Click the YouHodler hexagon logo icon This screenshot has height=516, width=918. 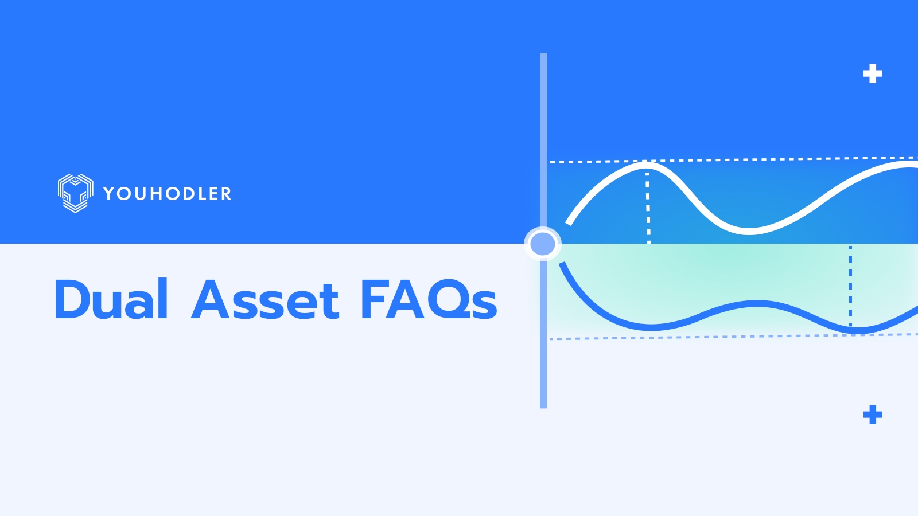click(75, 193)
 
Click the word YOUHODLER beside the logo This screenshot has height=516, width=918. click(167, 194)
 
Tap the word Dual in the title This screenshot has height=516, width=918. click(111, 299)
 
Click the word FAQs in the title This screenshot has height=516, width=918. click(428, 300)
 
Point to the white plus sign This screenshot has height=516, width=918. click(873, 73)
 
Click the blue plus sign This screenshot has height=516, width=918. click(873, 415)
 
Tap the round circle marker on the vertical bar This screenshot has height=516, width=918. click(542, 244)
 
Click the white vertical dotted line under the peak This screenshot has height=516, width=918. click(648, 206)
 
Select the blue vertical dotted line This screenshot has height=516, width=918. click(850, 284)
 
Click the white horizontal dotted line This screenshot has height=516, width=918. click(746, 159)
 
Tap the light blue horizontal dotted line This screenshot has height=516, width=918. click(717, 337)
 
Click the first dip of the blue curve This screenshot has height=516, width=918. click(651, 327)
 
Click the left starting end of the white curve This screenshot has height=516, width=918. click(569, 222)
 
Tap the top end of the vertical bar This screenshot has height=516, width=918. click(543, 56)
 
